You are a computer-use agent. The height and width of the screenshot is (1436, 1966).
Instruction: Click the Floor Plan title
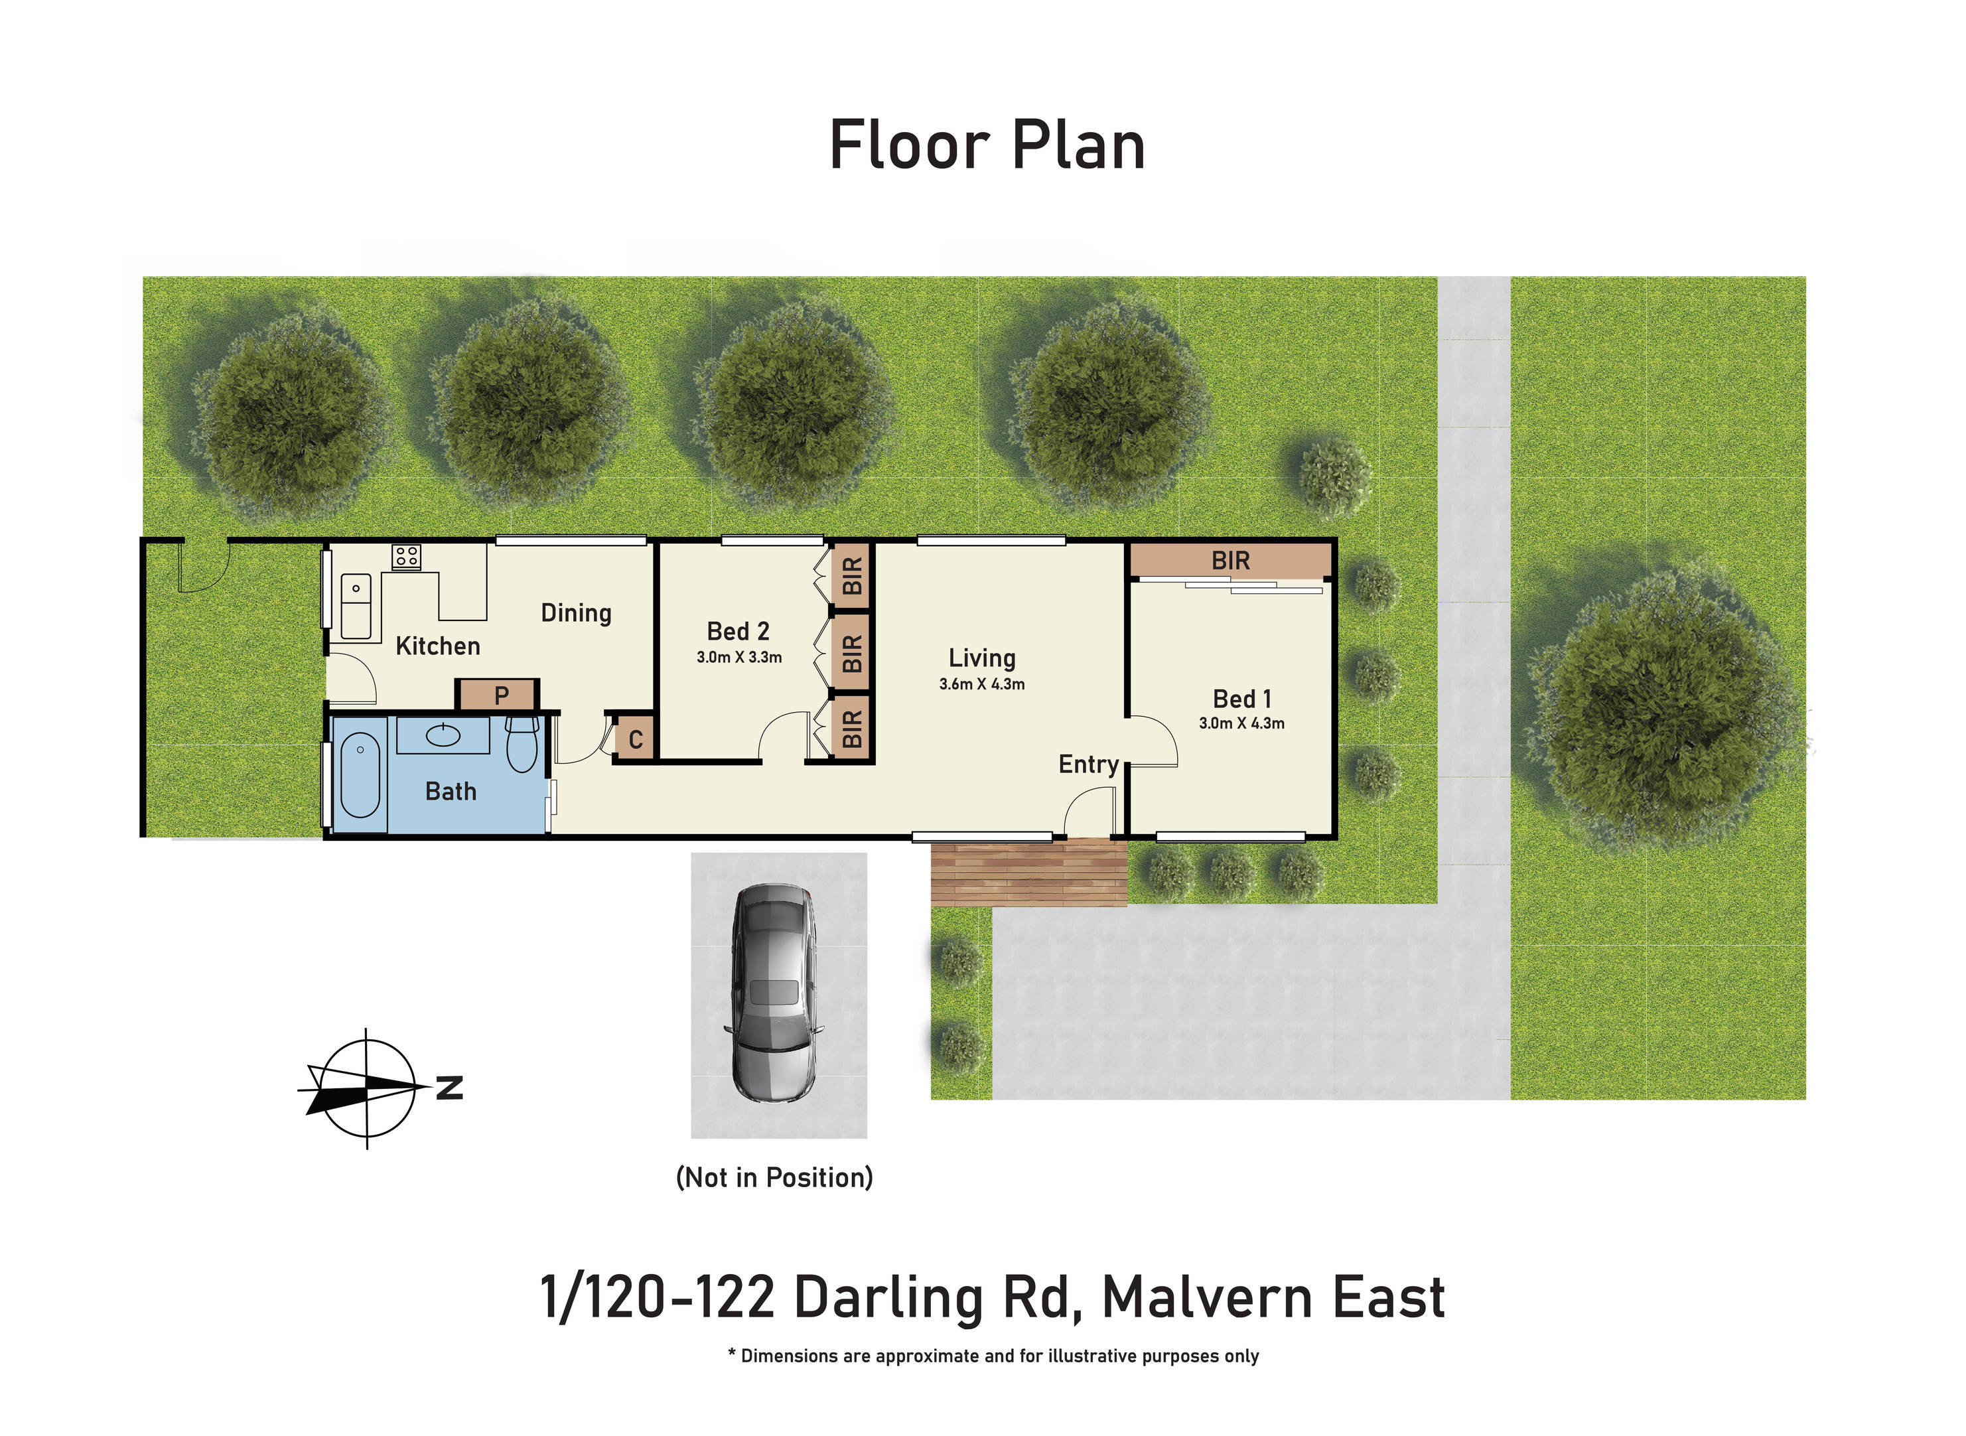(x=987, y=145)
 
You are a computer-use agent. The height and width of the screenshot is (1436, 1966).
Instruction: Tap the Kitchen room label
(x=437, y=646)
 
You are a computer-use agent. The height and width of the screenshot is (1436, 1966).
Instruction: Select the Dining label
(x=575, y=612)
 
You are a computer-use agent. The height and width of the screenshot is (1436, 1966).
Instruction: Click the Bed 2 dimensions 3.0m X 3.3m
(x=738, y=657)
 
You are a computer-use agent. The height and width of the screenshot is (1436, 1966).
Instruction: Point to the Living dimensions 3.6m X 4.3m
(x=981, y=684)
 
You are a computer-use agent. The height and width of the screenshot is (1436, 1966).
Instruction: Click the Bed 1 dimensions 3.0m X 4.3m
(x=1241, y=723)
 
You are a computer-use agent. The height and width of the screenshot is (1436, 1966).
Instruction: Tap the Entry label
(x=1088, y=764)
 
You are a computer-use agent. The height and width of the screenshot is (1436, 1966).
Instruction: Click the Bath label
(x=451, y=791)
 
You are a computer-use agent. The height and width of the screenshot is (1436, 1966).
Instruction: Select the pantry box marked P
(x=501, y=695)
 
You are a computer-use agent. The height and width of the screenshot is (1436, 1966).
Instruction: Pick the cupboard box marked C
(x=636, y=740)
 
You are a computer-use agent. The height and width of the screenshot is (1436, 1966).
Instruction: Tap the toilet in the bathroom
(x=522, y=743)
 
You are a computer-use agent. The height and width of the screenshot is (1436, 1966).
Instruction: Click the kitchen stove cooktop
(x=406, y=556)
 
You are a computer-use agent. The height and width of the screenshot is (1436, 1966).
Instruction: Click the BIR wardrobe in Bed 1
(x=1230, y=561)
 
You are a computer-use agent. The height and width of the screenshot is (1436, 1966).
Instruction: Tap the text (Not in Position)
(x=774, y=1177)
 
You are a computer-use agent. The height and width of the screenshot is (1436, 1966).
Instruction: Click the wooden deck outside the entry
(x=1028, y=872)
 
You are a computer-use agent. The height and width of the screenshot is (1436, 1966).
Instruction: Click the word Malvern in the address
(x=1206, y=1298)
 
